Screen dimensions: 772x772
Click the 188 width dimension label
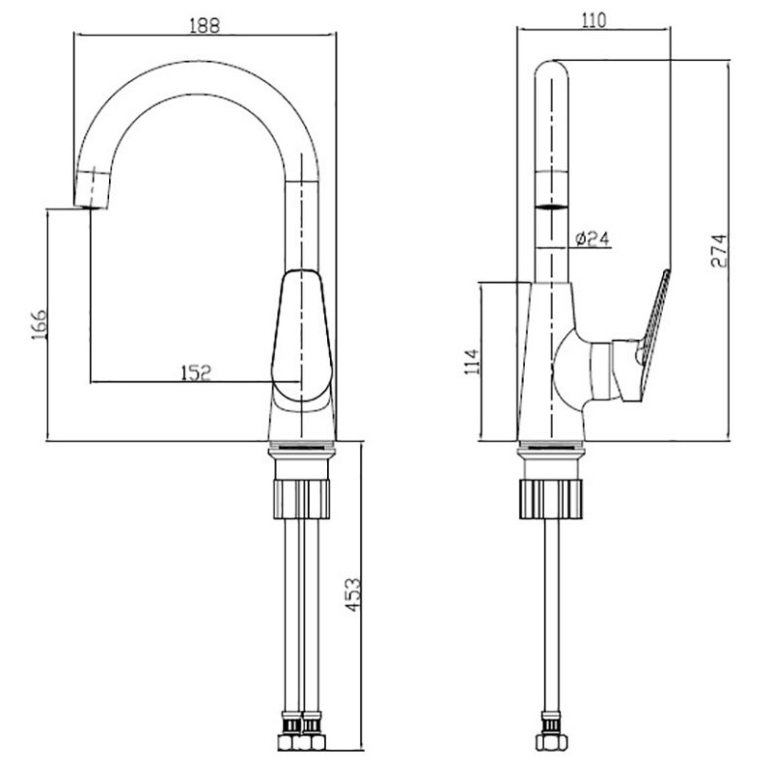coord(205,25)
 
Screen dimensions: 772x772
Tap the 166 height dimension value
coord(39,324)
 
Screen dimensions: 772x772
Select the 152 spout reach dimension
coord(196,372)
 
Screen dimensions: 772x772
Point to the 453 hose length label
coord(352,594)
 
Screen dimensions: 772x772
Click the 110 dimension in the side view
coord(593,20)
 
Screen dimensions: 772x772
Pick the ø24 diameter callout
coord(593,238)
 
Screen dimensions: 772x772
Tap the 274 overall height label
coord(718,251)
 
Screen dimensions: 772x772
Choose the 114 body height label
coord(471,361)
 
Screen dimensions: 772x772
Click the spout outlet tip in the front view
coord(92,206)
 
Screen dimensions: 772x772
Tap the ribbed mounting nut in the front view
coord(301,499)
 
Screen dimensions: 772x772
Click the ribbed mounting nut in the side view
coord(551,499)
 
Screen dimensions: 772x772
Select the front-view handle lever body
coord(301,335)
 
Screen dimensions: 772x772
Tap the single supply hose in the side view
coord(550,615)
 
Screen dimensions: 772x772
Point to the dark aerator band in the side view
coord(552,207)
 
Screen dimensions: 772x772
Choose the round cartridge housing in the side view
coord(571,371)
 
